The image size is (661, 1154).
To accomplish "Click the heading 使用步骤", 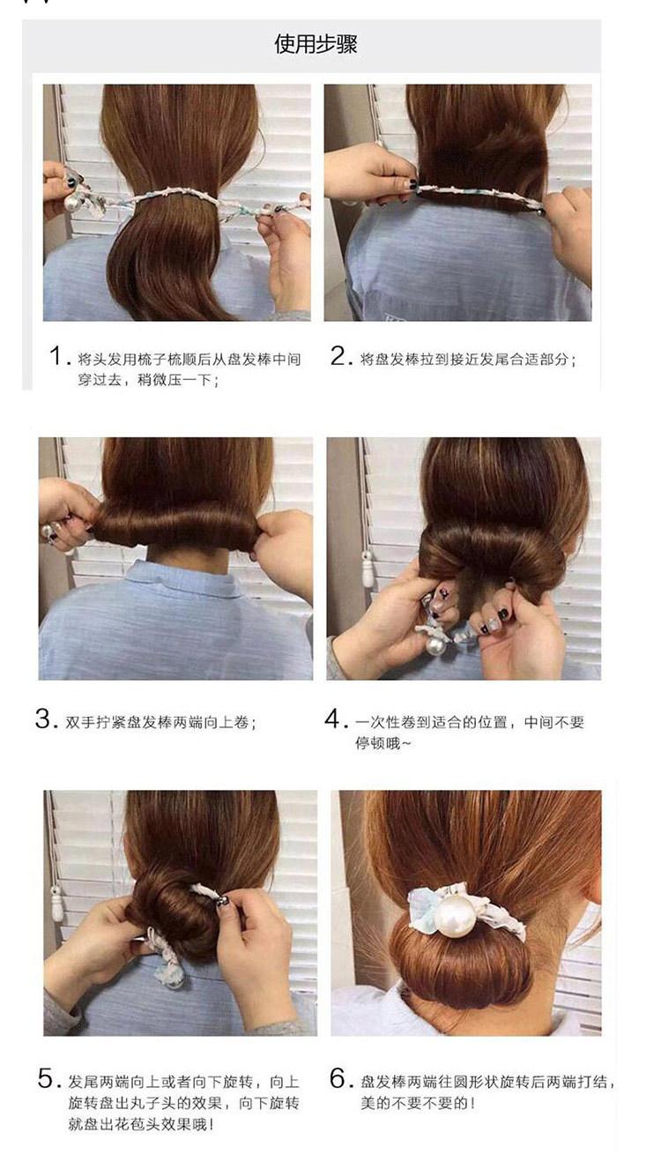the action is tap(316, 44).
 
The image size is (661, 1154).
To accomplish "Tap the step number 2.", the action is tap(340, 355).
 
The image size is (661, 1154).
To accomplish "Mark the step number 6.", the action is tap(340, 1078).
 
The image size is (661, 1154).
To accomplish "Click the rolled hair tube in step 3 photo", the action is tap(175, 526).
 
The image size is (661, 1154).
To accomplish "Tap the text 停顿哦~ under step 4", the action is tap(382, 743).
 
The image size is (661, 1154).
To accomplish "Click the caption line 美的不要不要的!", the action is tap(417, 1103).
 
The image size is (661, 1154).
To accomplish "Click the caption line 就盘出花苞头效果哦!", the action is tap(141, 1124).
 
